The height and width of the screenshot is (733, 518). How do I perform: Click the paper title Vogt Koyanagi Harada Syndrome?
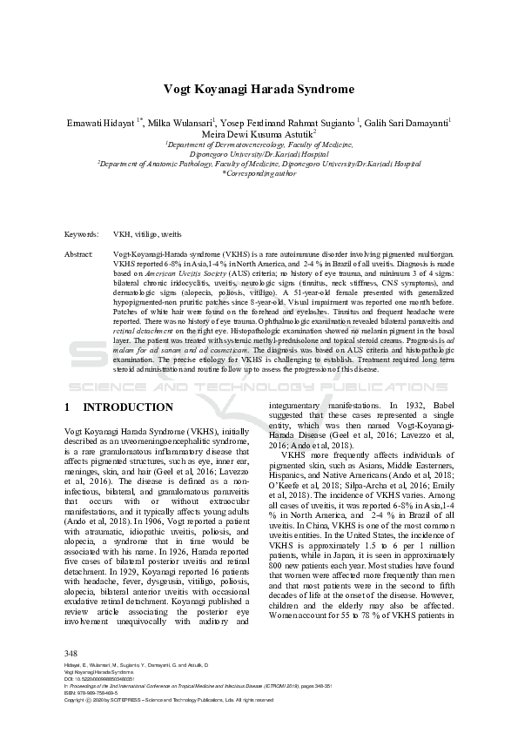click(259, 90)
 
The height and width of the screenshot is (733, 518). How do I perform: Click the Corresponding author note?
click(259, 173)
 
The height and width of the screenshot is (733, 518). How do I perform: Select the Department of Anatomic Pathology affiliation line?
click(259, 163)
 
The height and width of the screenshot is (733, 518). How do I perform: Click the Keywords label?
click(81, 235)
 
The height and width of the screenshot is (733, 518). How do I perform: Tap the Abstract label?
click(79, 252)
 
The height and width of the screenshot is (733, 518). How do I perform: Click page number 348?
click(72, 676)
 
